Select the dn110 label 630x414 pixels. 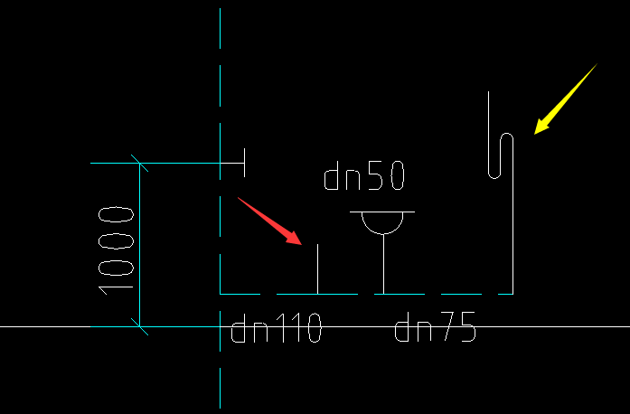click(x=277, y=330)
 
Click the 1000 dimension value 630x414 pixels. click(x=117, y=249)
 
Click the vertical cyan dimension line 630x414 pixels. click(x=139, y=244)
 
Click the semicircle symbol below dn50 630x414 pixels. click(x=382, y=222)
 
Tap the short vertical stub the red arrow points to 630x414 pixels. click(x=317, y=268)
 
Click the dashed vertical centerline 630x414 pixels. click(x=221, y=90)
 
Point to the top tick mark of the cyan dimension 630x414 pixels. click(x=139, y=164)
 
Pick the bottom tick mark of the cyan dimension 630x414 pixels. click(x=139, y=325)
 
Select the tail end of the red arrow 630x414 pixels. click(x=240, y=198)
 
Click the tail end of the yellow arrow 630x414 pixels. click(x=597, y=65)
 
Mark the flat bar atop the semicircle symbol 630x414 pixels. click(x=382, y=212)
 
